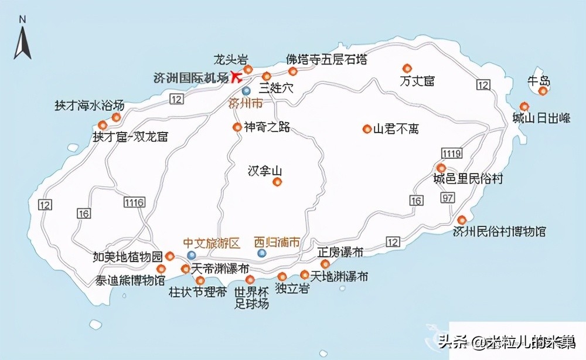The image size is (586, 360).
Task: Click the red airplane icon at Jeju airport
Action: pyautogui.click(x=236, y=76)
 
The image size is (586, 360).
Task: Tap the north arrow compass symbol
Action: pyautogui.click(x=23, y=40)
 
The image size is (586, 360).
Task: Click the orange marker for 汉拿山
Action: pyautogui.click(x=277, y=182)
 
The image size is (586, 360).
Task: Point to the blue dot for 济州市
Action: pyautogui.click(x=246, y=91)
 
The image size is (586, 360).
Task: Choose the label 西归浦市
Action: pyautogui.click(x=277, y=242)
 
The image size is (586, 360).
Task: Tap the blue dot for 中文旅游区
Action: pyautogui.click(x=192, y=255)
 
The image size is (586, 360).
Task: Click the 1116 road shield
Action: pyautogui.click(x=134, y=202)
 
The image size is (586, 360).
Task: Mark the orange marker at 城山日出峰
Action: pyautogui.click(x=524, y=107)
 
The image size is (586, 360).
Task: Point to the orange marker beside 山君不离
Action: pyautogui.click(x=367, y=129)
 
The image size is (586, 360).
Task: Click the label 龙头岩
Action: pyautogui.click(x=231, y=59)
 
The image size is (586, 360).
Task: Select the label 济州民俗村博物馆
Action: pyautogui.click(x=499, y=231)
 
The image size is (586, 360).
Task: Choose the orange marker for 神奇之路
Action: pyautogui.click(x=237, y=127)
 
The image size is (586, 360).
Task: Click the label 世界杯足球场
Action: pyautogui.click(x=251, y=298)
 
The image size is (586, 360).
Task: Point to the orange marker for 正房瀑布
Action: pyautogui.click(x=325, y=264)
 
